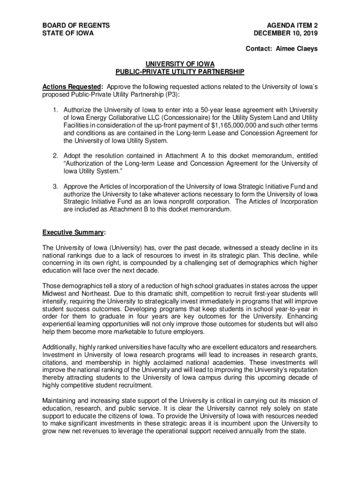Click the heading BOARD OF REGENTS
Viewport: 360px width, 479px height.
pyautogui.click(x=76, y=25)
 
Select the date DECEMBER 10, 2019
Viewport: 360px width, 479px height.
pyautogui.click(x=286, y=33)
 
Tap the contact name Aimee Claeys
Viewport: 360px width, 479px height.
pyautogui.click(x=297, y=49)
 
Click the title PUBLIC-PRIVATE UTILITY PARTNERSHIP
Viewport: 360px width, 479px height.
pyautogui.click(x=180, y=72)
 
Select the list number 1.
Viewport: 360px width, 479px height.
pyautogui.click(x=55, y=110)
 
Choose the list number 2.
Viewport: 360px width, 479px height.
pyautogui.click(x=55, y=156)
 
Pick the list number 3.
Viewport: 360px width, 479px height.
pyautogui.click(x=55, y=186)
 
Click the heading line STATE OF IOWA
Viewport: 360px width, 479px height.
pyautogui.click(x=68, y=33)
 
